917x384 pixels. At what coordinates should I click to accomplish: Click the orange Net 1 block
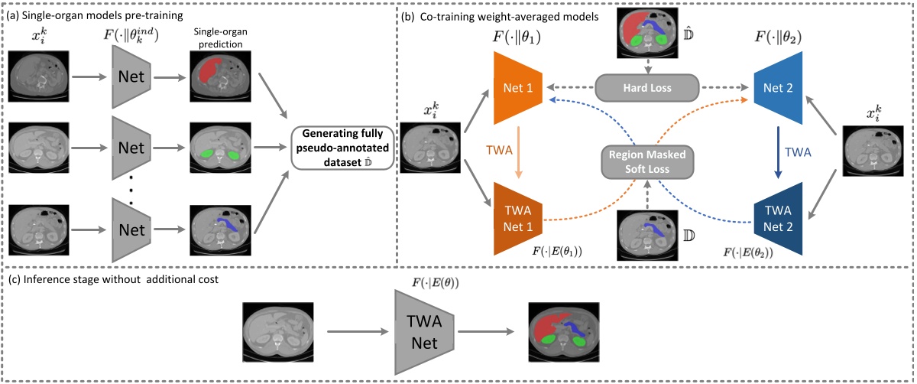click(x=520, y=87)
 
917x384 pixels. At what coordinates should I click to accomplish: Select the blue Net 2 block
click(x=778, y=87)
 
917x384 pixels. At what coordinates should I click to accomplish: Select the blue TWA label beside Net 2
click(x=799, y=151)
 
